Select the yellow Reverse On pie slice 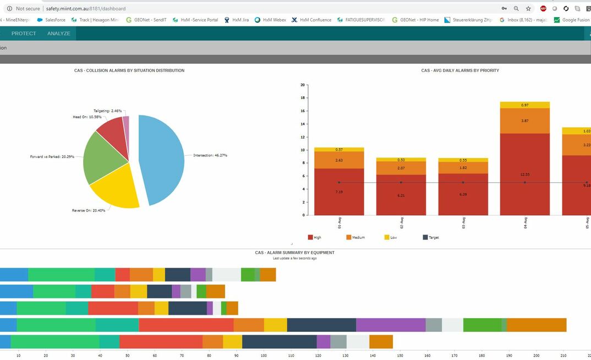point(116,190)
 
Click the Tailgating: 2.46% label point(107,111)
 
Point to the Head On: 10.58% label point(87,117)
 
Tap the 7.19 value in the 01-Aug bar point(339,192)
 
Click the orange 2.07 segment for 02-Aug point(401,167)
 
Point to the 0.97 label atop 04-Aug point(524,105)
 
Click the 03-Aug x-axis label point(463,223)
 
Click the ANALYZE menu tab point(58,34)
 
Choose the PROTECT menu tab point(24,34)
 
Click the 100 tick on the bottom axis point(263,356)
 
